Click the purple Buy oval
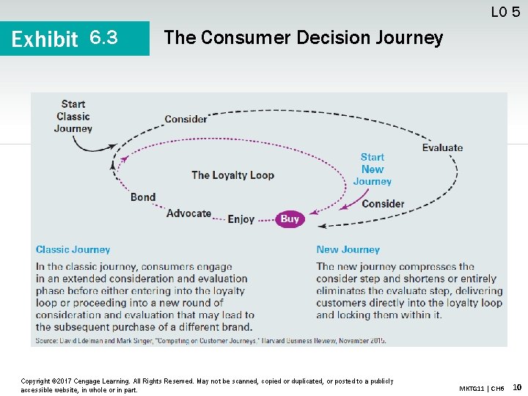coord(290,219)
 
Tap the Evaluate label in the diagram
coord(442,147)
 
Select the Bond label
coord(143,197)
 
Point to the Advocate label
coord(188,213)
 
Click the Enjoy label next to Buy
coord(241,219)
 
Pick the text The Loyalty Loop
coord(232,175)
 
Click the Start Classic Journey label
coord(73,117)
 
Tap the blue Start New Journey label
coord(373,169)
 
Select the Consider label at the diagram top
coord(186,119)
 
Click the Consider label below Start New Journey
coord(383,203)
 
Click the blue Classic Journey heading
coord(73,249)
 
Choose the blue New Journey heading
coord(348,249)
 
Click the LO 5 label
coord(505,11)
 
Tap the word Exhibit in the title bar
coord(45,38)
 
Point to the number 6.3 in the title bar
coord(103,37)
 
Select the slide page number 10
coord(516,387)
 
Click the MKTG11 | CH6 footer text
coord(481,388)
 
